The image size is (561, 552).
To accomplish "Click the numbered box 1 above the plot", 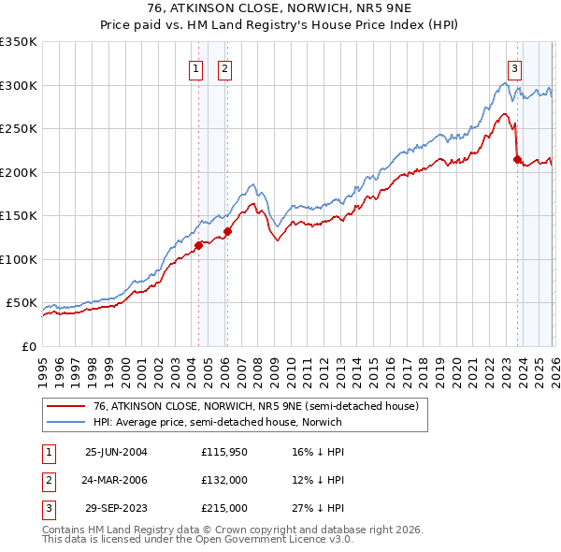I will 196,67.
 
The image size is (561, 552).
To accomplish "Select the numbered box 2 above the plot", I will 225,67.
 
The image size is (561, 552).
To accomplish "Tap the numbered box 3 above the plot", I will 515,67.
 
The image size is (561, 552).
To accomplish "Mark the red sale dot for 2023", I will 517,160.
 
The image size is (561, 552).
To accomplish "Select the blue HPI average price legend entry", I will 218,423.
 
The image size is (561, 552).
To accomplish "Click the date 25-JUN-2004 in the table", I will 116,451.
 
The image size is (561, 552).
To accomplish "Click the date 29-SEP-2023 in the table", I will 116,509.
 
